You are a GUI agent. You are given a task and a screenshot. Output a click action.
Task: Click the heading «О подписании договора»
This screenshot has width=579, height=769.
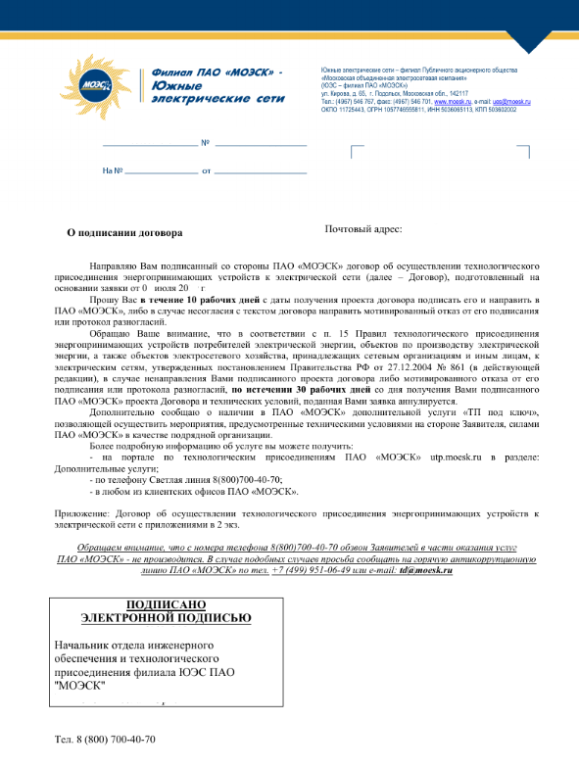tap(124, 233)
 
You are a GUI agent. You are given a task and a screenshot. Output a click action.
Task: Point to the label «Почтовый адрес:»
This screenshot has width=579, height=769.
tap(363, 229)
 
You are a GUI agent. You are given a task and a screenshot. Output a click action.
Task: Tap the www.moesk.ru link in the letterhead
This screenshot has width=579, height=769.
tap(454, 101)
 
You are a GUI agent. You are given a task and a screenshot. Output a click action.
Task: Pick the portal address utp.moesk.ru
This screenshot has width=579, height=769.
tap(457, 457)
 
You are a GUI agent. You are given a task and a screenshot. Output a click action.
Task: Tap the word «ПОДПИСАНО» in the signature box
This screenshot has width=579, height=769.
tap(165, 604)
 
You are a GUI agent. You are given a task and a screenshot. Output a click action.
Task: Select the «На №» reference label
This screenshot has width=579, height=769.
tap(111, 170)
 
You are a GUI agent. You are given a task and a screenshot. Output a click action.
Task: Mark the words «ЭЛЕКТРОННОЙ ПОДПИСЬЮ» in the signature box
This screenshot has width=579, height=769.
tap(165, 618)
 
